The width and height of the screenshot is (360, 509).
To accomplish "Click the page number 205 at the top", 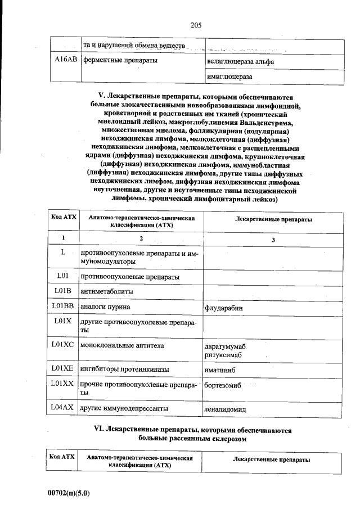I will coord(196,25).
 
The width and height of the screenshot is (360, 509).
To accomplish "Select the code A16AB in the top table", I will coord(65,60).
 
